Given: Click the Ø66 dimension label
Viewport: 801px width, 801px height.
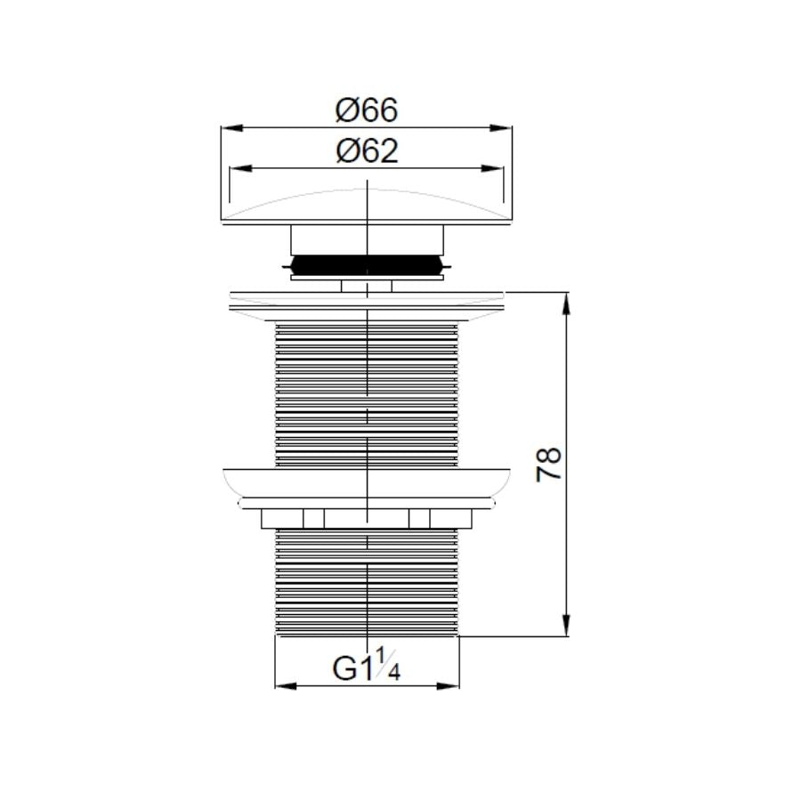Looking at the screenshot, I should [366, 110].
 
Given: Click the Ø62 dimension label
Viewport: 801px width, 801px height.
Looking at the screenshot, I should [366, 151].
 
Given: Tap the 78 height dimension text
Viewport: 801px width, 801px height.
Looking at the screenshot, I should [551, 464].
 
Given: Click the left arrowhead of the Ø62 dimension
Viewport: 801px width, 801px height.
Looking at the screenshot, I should [239, 168].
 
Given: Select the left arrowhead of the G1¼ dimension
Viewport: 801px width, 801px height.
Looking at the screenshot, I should [283, 685].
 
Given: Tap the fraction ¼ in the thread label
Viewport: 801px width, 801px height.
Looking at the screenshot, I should [388, 665].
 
